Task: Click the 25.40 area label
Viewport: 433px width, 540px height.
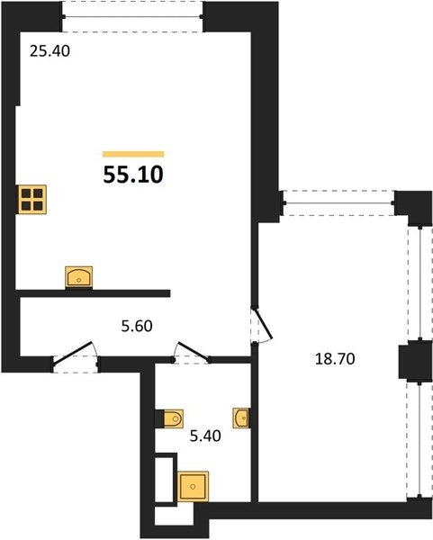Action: tap(50, 51)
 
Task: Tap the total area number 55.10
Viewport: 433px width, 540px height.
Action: tap(133, 175)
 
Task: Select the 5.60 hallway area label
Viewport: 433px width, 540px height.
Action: tap(137, 326)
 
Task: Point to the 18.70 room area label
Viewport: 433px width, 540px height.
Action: tap(335, 359)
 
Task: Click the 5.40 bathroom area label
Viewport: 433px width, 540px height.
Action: tap(205, 436)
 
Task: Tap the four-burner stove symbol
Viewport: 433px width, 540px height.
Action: tap(32, 200)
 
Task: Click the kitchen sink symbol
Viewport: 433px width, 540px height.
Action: tap(79, 276)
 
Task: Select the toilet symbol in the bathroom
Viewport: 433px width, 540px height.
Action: tap(173, 418)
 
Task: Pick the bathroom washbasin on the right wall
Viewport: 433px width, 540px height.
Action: tap(241, 418)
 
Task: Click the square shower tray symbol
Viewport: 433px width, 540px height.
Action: tap(193, 486)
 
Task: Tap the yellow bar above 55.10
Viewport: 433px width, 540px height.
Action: tap(133, 154)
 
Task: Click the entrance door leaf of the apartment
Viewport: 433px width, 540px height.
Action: tap(73, 353)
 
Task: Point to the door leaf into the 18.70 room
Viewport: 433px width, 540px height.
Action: tap(263, 324)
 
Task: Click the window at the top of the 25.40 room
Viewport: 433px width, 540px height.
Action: tap(132, 16)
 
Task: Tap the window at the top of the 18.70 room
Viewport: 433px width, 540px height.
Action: tap(338, 203)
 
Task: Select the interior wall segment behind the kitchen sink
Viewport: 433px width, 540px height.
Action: tap(93, 293)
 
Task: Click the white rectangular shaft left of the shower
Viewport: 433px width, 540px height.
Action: tap(164, 480)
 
